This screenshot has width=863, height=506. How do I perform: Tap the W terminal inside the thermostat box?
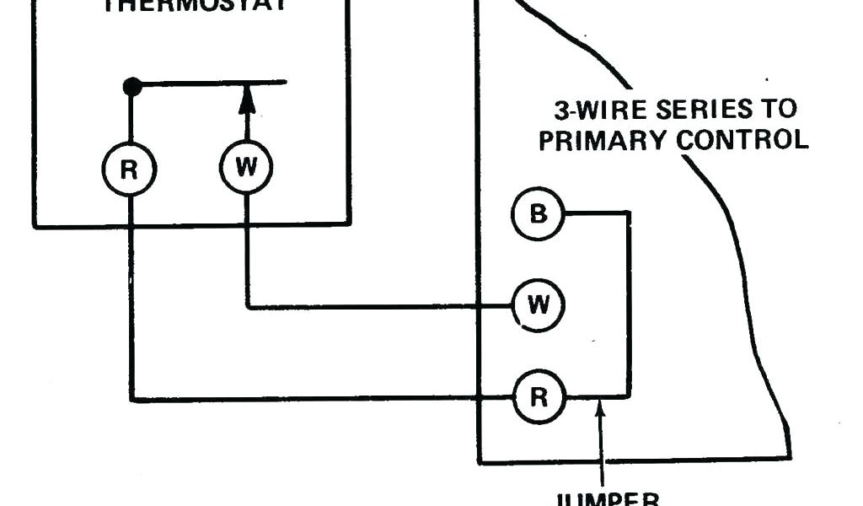click(246, 167)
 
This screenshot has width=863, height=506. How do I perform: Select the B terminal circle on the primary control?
click(538, 213)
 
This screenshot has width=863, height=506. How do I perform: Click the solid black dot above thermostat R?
click(131, 85)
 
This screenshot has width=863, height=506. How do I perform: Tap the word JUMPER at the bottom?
click(603, 498)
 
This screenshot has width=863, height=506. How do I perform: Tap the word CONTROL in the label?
click(743, 139)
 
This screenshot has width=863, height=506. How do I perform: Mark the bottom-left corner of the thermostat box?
click(35, 225)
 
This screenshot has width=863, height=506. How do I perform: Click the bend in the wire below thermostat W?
click(247, 307)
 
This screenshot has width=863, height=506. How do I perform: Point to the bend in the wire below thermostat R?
click(131, 399)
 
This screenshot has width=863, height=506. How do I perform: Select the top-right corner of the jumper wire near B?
click(628, 214)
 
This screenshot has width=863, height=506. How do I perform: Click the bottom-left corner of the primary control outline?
click(479, 462)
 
